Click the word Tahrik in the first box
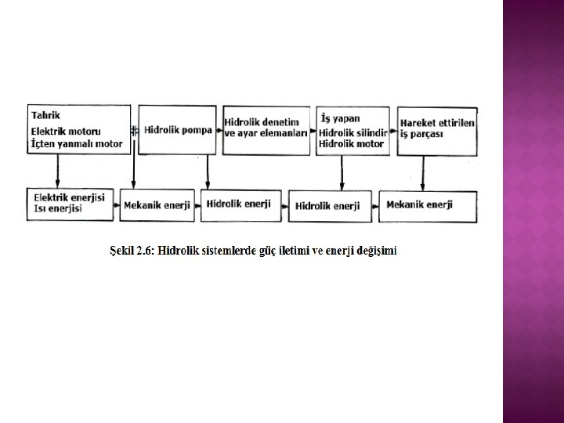click(x=46, y=116)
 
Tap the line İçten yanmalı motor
click(x=76, y=144)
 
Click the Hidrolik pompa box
click(x=178, y=130)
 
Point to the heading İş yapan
click(x=341, y=118)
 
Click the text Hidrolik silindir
click(x=353, y=132)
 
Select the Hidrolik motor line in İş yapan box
click(x=351, y=144)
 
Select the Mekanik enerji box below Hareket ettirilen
click(x=420, y=205)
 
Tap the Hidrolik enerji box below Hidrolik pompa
click(x=238, y=204)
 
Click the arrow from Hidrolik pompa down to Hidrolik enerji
click(x=208, y=172)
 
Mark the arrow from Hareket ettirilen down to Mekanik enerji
click(x=422, y=172)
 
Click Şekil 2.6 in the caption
click(x=131, y=251)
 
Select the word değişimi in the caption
click(x=375, y=251)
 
